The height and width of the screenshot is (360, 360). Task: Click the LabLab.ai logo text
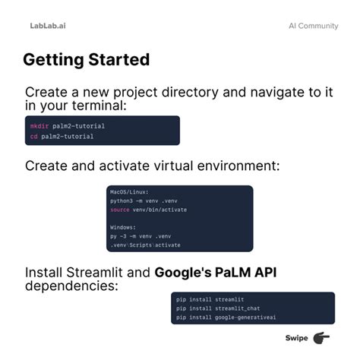[x=48, y=26]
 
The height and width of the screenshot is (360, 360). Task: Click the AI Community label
[x=314, y=26]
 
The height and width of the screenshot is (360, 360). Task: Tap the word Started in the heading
[x=119, y=60]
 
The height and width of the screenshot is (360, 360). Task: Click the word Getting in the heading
[x=53, y=61]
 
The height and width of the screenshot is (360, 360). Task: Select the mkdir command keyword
[x=39, y=126]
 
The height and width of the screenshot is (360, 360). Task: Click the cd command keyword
[x=34, y=137]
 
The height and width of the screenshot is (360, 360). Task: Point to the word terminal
[x=99, y=106]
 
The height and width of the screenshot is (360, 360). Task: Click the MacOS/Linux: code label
[x=129, y=192]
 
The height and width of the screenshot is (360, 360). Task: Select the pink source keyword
[x=120, y=210]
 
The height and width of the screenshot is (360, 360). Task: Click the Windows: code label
[x=123, y=227]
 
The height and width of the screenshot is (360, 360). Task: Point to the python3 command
[x=122, y=201]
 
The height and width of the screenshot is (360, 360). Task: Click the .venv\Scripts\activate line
[x=145, y=245]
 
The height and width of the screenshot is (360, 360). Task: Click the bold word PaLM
[x=233, y=273]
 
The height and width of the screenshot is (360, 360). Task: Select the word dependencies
[x=71, y=286]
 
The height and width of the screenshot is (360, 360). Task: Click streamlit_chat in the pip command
[x=238, y=308]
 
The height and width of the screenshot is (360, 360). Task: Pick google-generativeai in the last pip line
[x=245, y=317]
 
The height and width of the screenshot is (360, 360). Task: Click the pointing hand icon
[x=321, y=338]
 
